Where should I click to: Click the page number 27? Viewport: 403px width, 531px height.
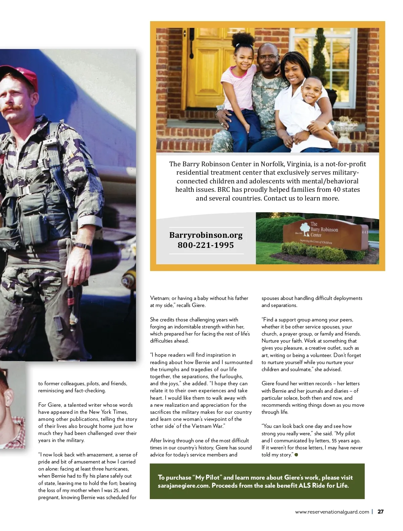pos(380,512)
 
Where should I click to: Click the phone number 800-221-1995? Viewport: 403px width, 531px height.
pos(206,245)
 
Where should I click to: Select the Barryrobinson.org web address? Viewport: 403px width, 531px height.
pos(206,235)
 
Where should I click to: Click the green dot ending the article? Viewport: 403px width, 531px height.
pos(296,455)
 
